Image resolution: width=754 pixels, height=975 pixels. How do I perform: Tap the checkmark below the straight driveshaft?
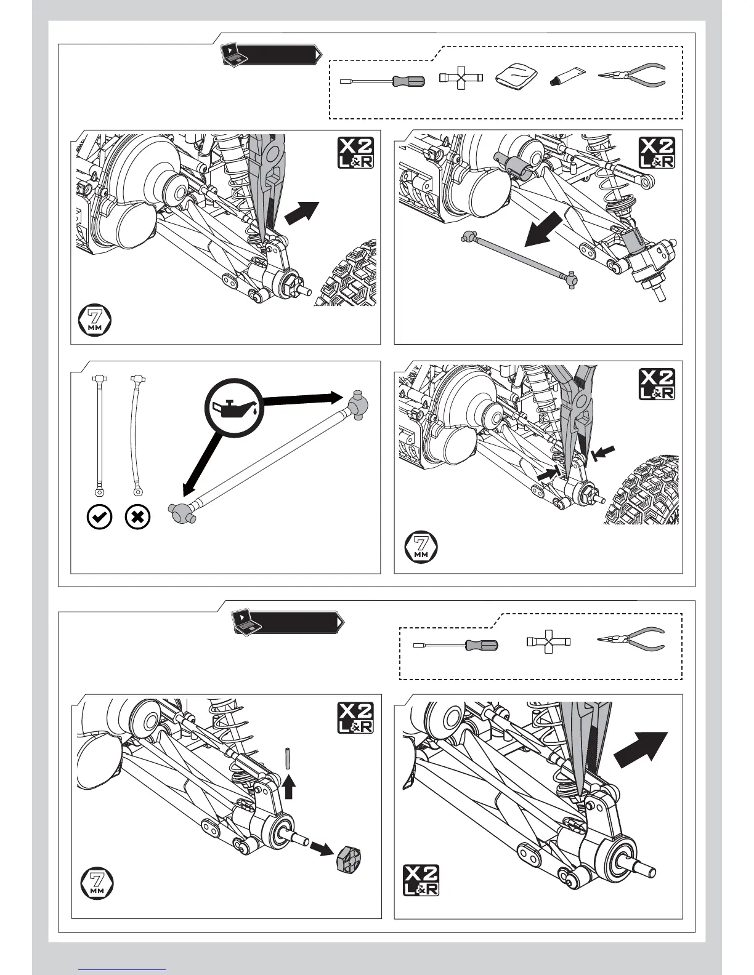tap(100, 517)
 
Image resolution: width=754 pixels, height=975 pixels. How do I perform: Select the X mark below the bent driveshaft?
tap(137, 517)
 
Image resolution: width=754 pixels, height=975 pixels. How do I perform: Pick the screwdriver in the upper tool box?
tap(383, 80)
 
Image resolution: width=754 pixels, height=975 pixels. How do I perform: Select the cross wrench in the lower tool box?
tap(548, 642)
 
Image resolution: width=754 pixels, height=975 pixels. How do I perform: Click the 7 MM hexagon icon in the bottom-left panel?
tap(97, 883)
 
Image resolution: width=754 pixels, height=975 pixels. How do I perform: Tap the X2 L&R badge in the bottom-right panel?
tap(421, 880)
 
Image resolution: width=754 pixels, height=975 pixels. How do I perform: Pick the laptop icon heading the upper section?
tap(233, 55)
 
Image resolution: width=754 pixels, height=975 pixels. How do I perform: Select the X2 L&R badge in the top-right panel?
tap(657, 153)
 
